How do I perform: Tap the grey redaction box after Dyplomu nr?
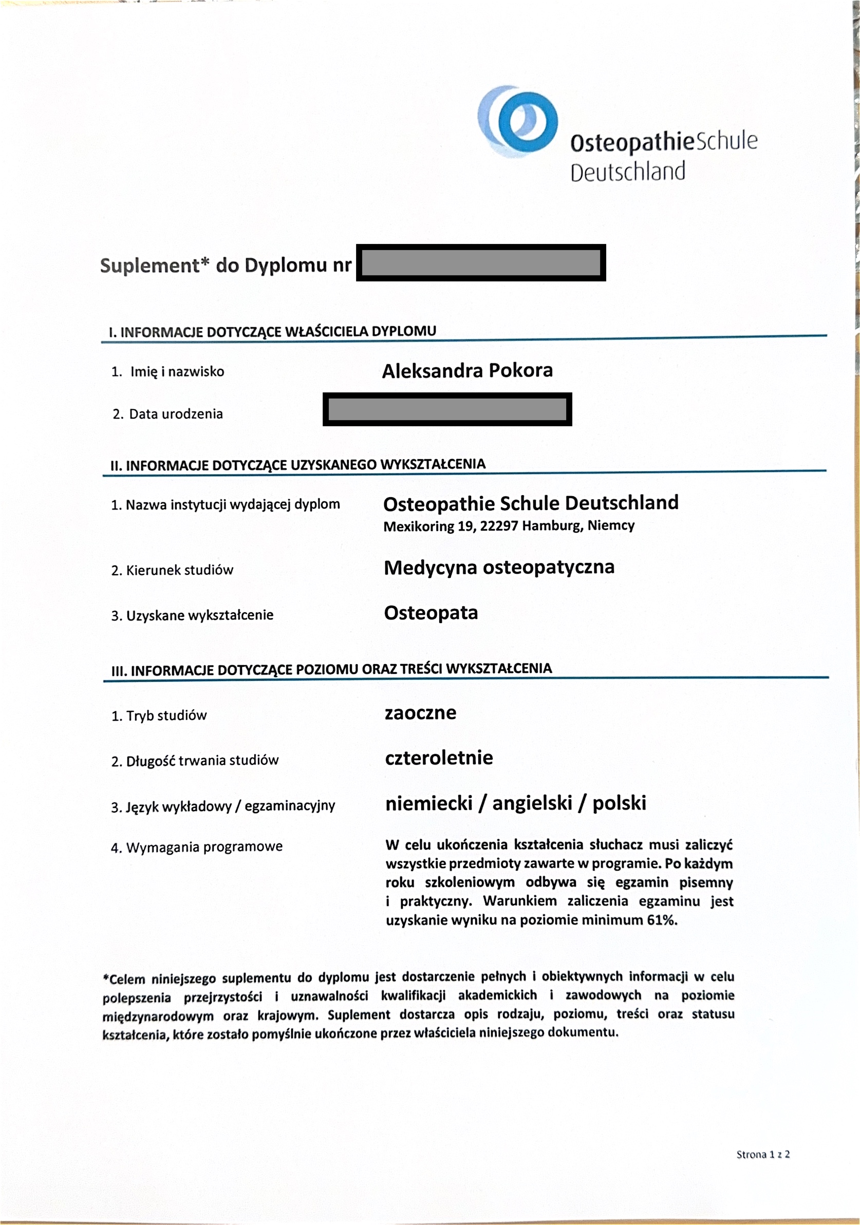click(481, 262)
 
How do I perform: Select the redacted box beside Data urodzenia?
click(447, 409)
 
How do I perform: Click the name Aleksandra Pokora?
click(468, 370)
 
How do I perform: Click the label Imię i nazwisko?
click(177, 371)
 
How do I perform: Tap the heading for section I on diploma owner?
click(273, 331)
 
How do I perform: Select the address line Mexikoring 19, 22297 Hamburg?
click(509, 526)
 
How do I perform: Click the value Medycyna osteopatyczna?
click(499, 567)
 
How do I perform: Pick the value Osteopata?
click(431, 612)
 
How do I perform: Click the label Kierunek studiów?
click(179, 570)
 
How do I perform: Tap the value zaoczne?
click(420, 713)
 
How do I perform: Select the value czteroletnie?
click(439, 758)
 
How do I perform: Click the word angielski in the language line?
click(532, 803)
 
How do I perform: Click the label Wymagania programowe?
click(204, 847)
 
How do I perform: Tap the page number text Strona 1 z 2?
click(762, 1154)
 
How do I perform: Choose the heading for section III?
click(331, 669)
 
